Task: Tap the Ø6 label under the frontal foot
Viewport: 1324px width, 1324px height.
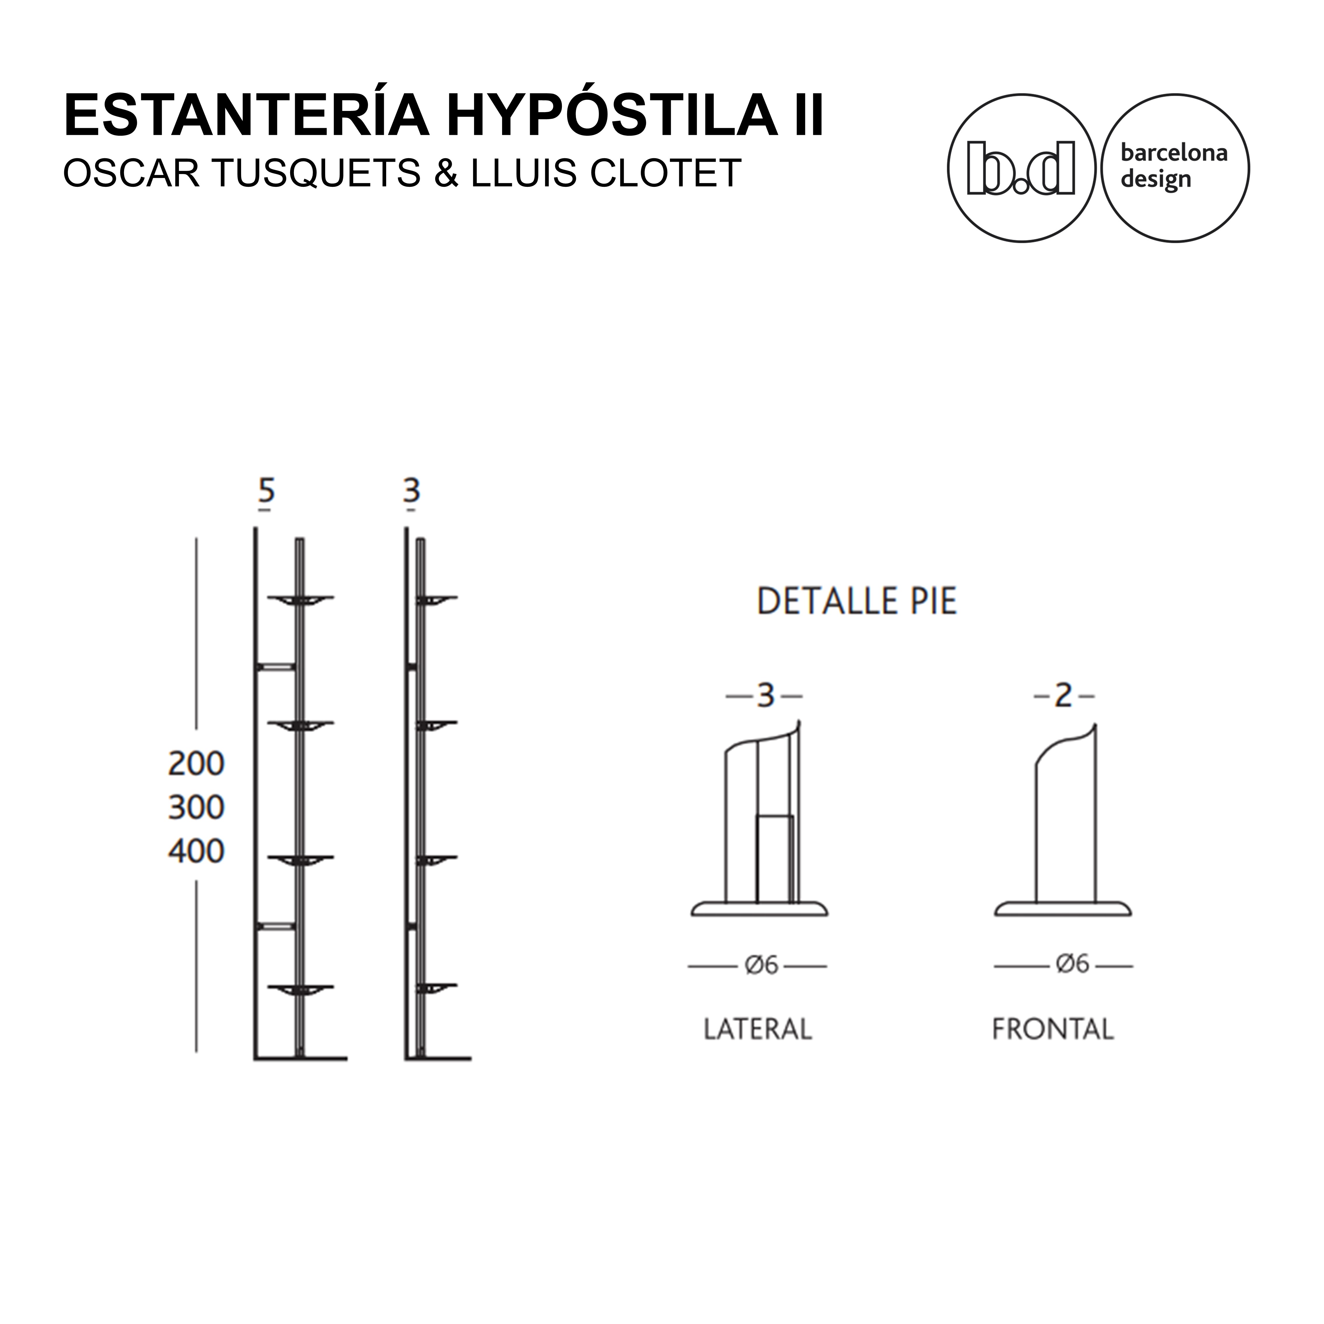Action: point(1072,964)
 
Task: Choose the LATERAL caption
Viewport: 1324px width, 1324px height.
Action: point(758,1048)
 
